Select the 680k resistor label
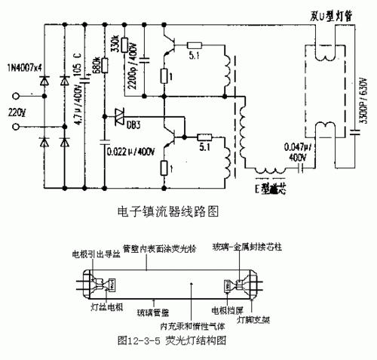pyautogui.click(x=96, y=69)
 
